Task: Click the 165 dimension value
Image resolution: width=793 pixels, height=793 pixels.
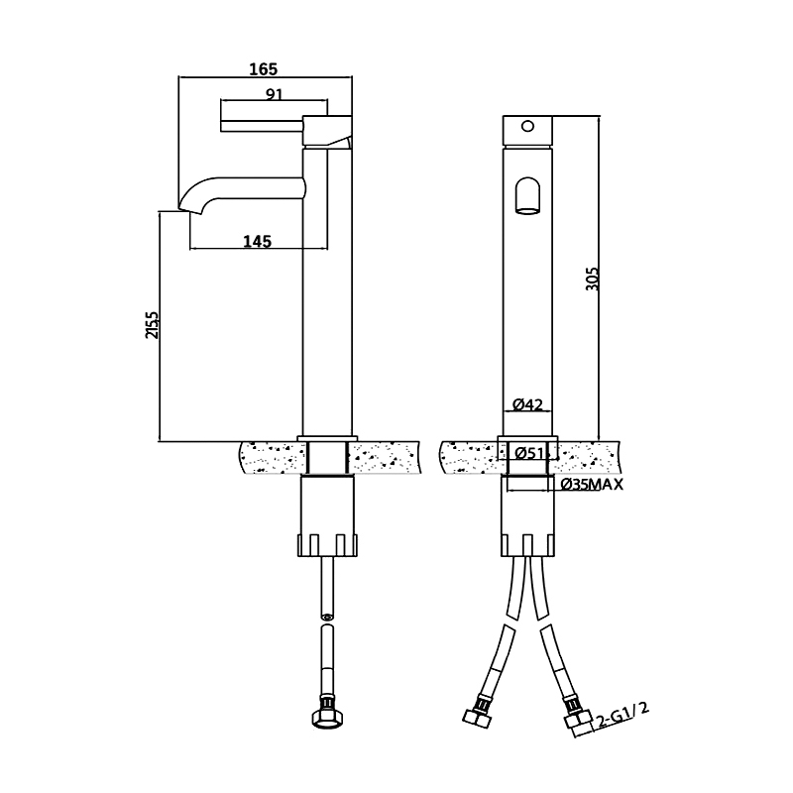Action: (263, 68)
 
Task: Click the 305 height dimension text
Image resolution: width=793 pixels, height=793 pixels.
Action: (592, 279)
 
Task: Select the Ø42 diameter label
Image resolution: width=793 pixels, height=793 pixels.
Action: (527, 404)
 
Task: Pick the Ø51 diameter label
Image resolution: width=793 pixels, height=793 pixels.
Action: (527, 454)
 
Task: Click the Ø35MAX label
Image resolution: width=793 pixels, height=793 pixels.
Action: (593, 485)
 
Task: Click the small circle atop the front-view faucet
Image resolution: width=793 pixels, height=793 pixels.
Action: (527, 126)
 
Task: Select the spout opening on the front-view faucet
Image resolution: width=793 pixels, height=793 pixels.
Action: (527, 195)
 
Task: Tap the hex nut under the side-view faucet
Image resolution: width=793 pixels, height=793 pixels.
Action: (327, 717)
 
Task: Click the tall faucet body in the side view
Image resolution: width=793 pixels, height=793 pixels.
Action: (327, 297)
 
